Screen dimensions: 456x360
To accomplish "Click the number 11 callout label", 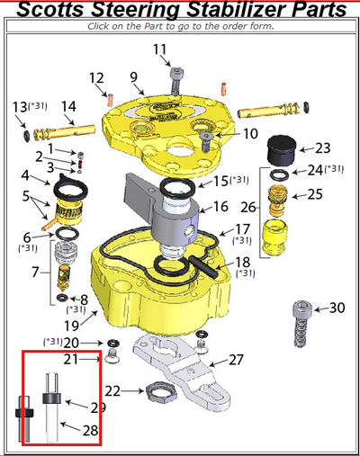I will click(159, 49).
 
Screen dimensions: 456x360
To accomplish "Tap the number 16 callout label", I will click(220, 207).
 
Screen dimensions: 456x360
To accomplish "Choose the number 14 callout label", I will click(67, 107).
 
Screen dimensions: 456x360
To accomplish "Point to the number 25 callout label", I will click(316, 193).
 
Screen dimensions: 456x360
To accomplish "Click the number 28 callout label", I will click(91, 431).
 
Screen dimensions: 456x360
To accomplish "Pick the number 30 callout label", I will click(337, 308).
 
